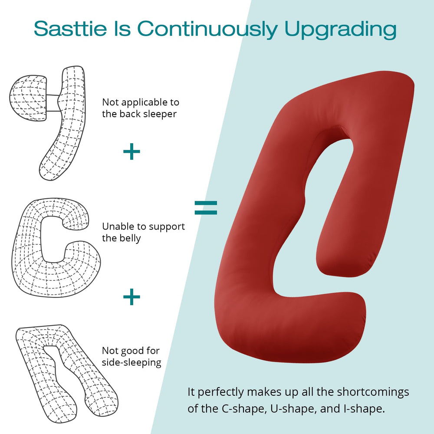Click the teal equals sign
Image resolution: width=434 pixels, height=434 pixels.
pos(205,207)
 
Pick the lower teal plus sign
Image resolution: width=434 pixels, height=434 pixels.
pos(132,297)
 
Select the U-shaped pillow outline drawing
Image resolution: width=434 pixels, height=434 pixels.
pos(65,373)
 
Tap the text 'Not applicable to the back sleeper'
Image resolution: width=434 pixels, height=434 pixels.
pos(140,108)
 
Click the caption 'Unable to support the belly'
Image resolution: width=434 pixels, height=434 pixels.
pos(143,232)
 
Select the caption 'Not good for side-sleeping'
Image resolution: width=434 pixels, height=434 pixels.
pos(132,356)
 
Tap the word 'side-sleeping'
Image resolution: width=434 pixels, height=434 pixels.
pos(132,362)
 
